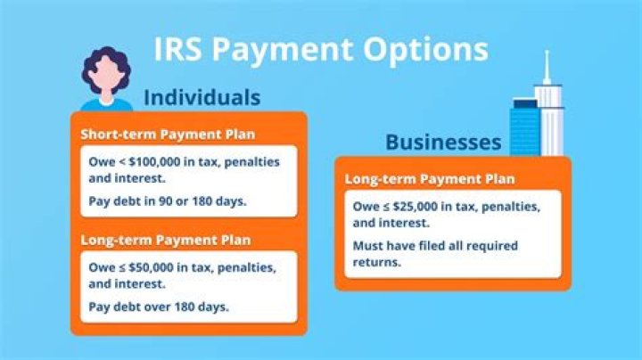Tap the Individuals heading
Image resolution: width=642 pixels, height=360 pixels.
click(202, 96)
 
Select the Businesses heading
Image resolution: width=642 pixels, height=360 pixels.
click(443, 143)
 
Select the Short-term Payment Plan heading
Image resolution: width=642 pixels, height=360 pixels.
click(168, 135)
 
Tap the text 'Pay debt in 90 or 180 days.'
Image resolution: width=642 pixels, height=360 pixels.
click(168, 200)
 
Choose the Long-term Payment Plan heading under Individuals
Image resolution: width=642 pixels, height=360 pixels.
click(166, 241)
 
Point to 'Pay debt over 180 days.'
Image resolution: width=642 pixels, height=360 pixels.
click(159, 307)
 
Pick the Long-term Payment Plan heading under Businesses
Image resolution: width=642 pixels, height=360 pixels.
click(430, 179)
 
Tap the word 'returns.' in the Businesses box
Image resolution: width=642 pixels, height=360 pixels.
click(377, 262)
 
